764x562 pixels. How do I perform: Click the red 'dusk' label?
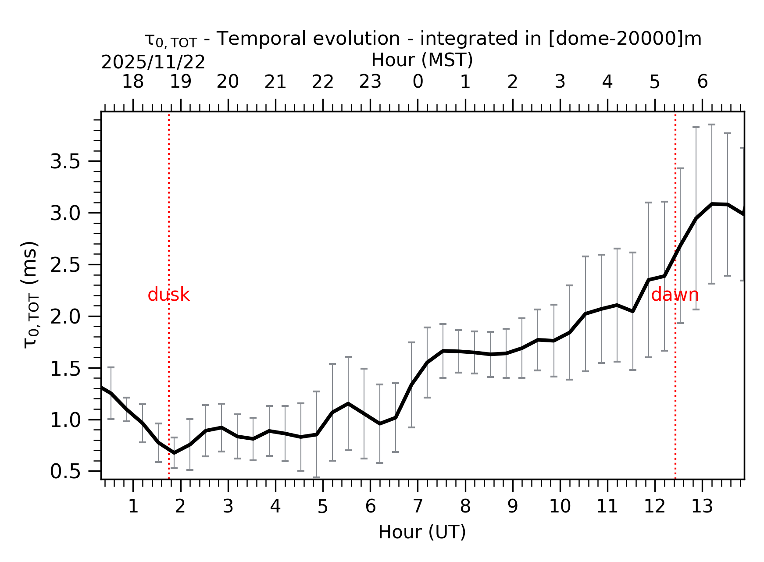coord(168,295)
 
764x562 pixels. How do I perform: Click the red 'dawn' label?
coord(675,295)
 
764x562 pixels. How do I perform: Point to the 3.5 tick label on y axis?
coord(65,162)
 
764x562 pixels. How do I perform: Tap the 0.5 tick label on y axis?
coord(65,472)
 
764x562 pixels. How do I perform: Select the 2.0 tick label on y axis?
coord(65,317)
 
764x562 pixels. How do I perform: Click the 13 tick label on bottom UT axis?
coord(702,507)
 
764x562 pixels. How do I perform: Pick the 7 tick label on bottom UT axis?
coord(418,507)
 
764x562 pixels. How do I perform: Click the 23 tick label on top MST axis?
coord(370,82)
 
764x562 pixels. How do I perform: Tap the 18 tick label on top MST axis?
coord(132,82)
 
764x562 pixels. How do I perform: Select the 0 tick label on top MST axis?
coord(418,82)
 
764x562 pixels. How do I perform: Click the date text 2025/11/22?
coord(153,63)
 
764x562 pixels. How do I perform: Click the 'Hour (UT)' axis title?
coord(422,532)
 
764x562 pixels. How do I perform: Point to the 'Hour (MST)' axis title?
coord(422,60)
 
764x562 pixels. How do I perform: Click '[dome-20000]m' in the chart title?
coord(625,39)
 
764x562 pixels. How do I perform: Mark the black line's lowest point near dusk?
coord(174,453)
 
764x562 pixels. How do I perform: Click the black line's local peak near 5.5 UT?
coord(348,403)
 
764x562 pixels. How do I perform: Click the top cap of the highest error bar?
coord(712,125)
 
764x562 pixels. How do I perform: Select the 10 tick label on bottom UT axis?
coord(560,507)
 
